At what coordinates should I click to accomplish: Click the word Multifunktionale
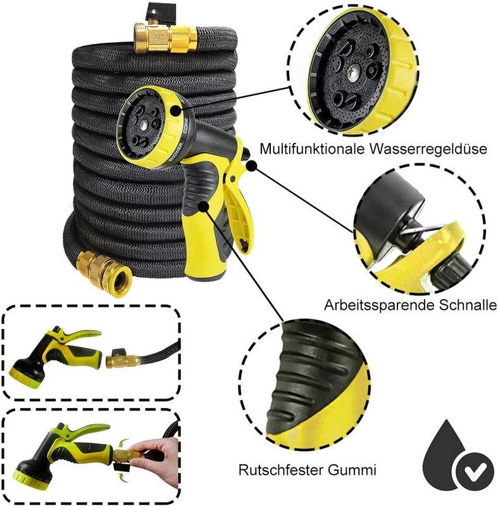[312, 149]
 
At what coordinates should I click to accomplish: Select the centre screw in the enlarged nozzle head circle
[352, 70]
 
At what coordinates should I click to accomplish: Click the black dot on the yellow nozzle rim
[175, 111]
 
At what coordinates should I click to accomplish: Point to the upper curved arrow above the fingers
[124, 441]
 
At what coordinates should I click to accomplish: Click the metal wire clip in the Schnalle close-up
[420, 228]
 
